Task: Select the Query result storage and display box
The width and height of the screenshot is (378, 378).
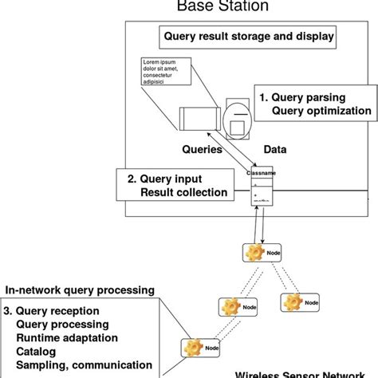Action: pyautogui.click(x=248, y=36)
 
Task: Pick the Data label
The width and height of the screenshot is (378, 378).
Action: pyautogui.click(x=275, y=148)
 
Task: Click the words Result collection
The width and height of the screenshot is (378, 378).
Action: pyautogui.click(x=183, y=192)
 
